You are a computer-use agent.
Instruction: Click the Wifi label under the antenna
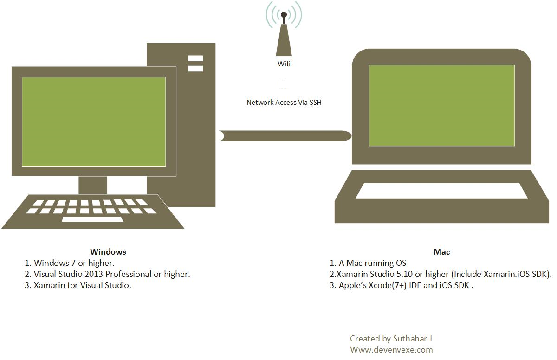pos(284,64)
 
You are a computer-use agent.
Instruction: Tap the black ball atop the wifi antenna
pos(284,15)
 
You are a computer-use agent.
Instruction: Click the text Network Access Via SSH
pos(284,103)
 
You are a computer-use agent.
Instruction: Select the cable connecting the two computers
pos(285,136)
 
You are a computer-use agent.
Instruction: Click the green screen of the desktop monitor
pos(94,122)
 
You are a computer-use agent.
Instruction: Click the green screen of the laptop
pos(441,106)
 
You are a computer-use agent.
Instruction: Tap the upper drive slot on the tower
pos(195,58)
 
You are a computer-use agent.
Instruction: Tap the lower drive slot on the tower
pos(195,69)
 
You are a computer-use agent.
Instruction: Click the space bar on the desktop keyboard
pos(92,219)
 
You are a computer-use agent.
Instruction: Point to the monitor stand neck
pos(93,185)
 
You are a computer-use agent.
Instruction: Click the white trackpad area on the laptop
pos(441,191)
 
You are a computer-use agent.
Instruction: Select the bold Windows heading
pos(108,252)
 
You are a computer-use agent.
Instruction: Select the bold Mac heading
pos(441,252)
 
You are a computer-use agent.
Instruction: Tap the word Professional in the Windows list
pos(128,274)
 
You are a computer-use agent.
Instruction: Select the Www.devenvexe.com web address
pos(391,350)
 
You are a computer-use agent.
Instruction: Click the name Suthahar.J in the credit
pos(412,338)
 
